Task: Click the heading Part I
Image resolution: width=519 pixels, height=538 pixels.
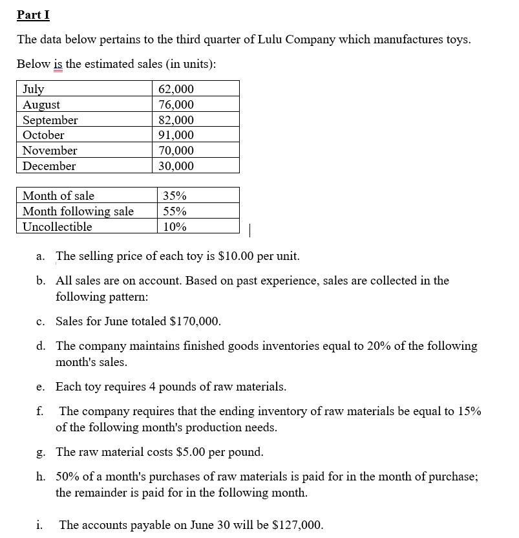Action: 33,14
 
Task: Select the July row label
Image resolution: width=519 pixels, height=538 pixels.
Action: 33,89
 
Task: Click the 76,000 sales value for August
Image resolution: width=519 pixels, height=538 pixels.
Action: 176,105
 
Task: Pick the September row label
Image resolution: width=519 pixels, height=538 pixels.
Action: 50,120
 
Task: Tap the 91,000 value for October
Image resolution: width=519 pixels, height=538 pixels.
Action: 176,135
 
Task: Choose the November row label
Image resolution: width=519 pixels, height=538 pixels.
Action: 50,151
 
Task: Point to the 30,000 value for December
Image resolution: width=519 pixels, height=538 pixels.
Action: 176,166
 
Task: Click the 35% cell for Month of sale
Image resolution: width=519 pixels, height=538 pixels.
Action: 175,196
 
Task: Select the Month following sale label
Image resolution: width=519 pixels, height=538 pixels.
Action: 78,211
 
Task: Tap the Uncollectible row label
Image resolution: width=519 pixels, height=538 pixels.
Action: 57,227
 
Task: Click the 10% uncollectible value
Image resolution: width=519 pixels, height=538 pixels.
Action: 175,227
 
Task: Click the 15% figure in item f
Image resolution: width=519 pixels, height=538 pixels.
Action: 469,411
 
